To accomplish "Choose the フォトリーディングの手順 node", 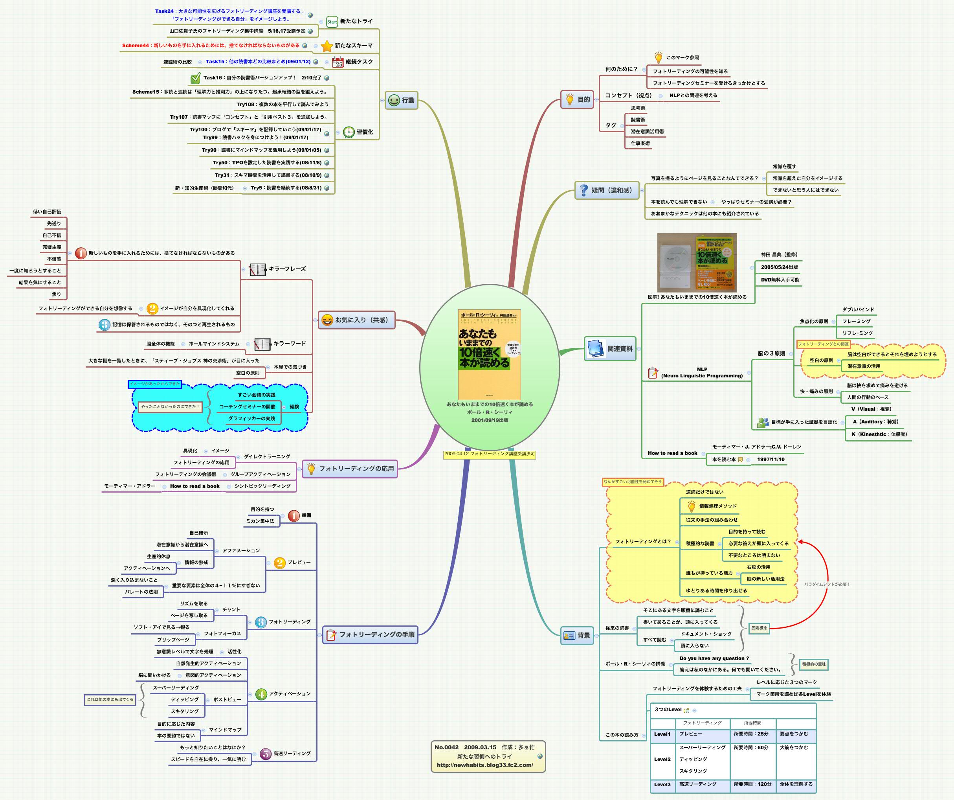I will click(370, 634).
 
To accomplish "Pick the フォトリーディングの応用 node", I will click(350, 469).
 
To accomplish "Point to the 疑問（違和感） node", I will click(607, 190).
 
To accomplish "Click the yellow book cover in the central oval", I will click(489, 355).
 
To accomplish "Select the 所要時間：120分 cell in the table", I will click(752, 784).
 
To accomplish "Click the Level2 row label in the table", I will click(662, 759).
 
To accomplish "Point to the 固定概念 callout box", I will click(759, 628).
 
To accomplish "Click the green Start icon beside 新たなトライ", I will click(332, 21).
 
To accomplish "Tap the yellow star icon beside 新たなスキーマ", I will click(327, 46).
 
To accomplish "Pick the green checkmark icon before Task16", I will click(195, 78).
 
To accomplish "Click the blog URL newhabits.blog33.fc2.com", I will click(485, 765).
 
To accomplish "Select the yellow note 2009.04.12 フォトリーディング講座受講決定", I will click(489, 454).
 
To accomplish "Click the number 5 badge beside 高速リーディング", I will click(265, 754).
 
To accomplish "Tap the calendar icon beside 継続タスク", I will click(338, 62).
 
